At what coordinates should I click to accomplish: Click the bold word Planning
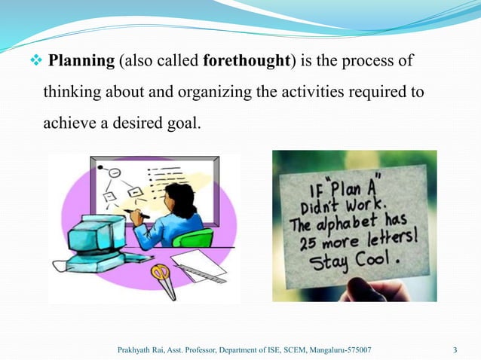tap(81, 61)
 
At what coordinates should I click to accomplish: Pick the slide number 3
tap(455, 350)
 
